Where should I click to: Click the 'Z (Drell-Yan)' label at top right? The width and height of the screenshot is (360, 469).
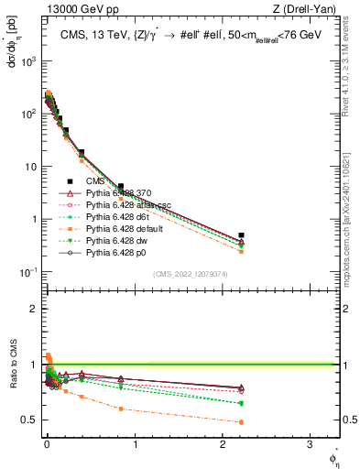coord(309,9)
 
